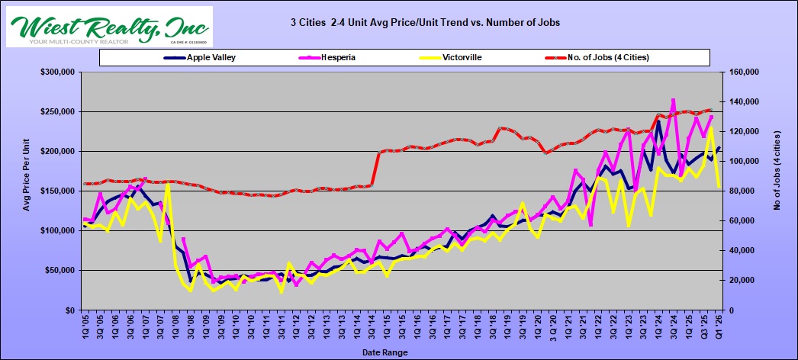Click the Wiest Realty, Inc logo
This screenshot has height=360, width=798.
coord(109,27)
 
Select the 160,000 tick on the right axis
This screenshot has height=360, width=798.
coord(749,72)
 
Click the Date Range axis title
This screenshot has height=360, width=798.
coord(385,352)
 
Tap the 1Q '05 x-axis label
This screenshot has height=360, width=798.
coord(84,329)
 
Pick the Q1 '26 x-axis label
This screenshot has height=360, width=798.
coord(719,329)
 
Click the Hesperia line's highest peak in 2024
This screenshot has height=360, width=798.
coord(674,100)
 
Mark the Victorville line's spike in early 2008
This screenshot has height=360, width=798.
coord(168,185)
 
